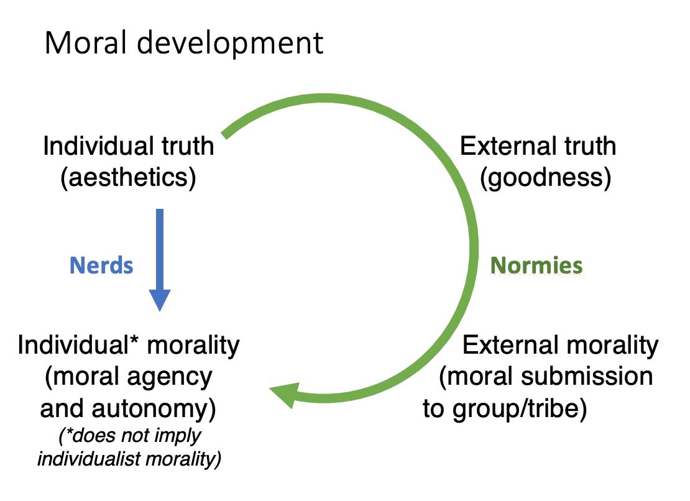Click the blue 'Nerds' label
[101, 265]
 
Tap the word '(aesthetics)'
[128, 178]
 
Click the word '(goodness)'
[546, 178]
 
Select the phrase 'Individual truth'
[128, 147]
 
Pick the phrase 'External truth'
[538, 147]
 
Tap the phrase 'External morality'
[560, 345]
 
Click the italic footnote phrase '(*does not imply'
[130, 436]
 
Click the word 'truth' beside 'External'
[588, 147]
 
